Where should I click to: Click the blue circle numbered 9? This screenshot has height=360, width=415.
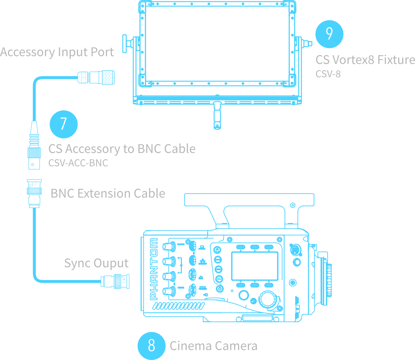click(329, 34)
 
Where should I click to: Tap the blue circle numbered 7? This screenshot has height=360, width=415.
click(63, 124)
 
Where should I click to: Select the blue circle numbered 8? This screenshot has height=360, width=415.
click(151, 346)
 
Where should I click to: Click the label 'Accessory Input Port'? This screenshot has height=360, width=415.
click(57, 52)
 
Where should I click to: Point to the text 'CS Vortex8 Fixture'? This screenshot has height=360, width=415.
click(365, 60)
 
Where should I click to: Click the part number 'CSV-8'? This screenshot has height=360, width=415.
click(328, 74)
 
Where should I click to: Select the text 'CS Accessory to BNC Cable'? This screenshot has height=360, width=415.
click(122, 149)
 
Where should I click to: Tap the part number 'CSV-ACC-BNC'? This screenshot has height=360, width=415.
click(78, 163)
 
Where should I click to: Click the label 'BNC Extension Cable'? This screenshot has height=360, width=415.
click(108, 193)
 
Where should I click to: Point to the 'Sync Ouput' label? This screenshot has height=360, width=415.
click(96, 263)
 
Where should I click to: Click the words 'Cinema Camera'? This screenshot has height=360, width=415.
click(213, 346)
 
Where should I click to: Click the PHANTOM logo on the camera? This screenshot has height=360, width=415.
click(154, 269)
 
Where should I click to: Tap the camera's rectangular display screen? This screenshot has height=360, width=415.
click(255, 266)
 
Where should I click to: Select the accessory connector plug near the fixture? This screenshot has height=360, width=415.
click(96, 77)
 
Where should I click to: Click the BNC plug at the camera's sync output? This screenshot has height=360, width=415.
click(115, 281)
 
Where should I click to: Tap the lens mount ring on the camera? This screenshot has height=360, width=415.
click(329, 280)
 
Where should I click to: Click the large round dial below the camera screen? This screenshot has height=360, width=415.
click(268, 299)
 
